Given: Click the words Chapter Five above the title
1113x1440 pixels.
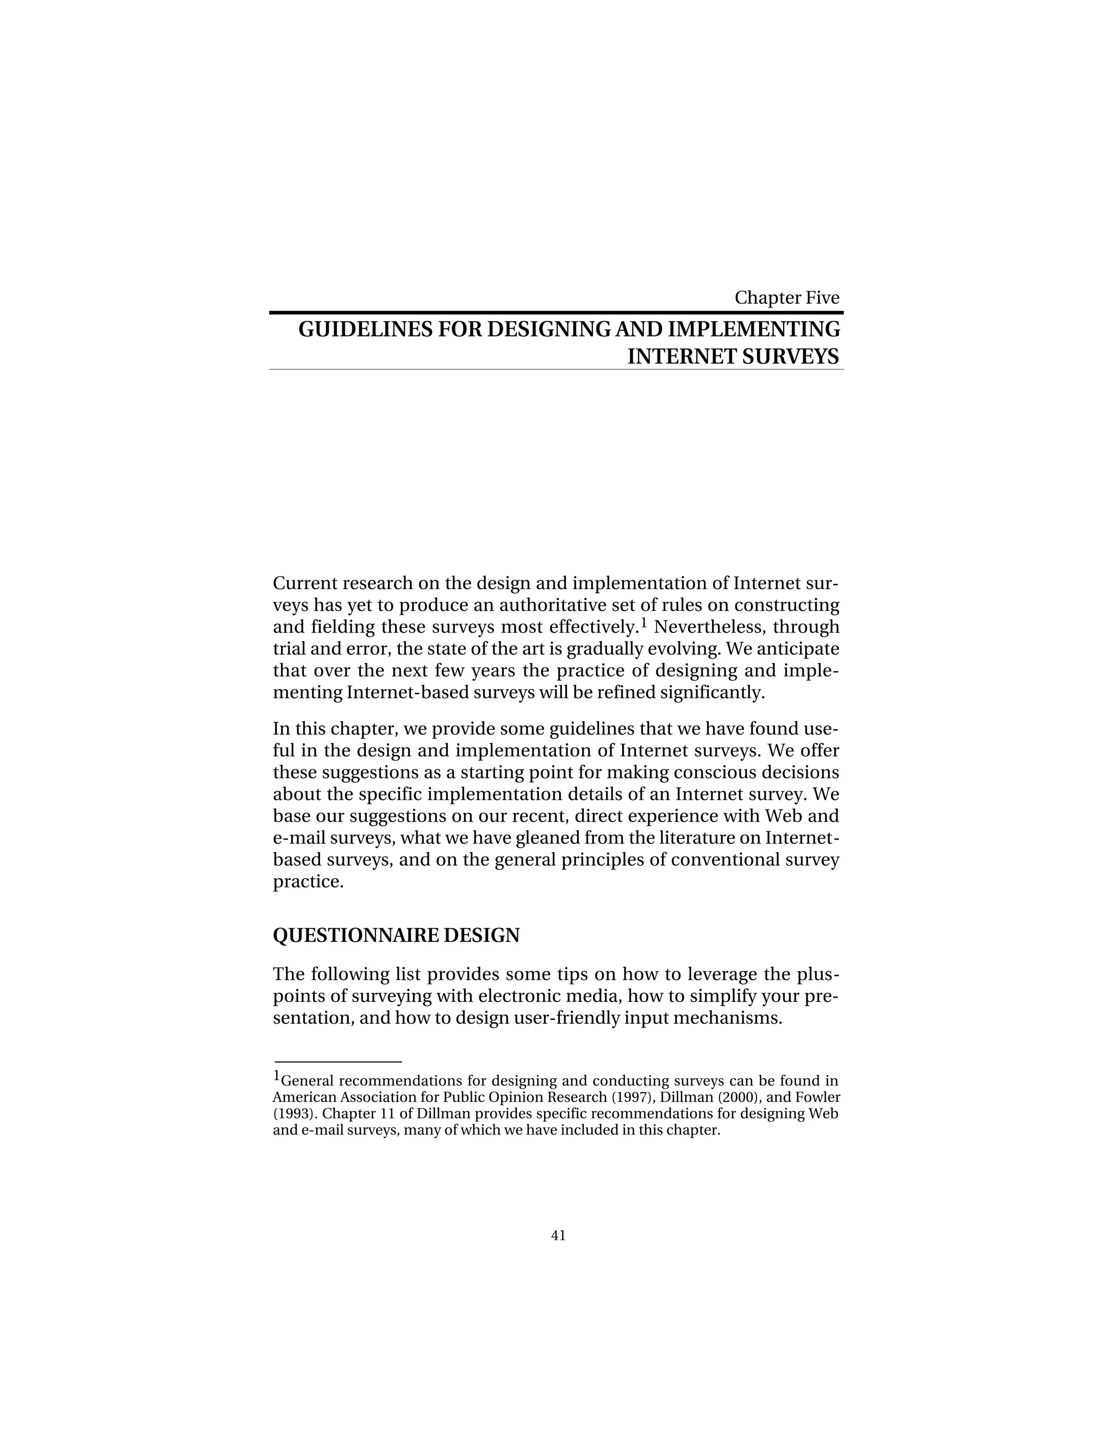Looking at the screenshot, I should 786,297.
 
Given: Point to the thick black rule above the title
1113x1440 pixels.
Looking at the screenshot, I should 556,312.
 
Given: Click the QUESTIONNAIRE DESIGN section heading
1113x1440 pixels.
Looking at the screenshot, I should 396,935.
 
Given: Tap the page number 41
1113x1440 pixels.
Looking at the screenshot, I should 558,1236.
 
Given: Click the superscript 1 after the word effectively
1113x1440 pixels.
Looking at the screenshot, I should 643,622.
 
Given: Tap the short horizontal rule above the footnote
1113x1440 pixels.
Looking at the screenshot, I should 337,1062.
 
